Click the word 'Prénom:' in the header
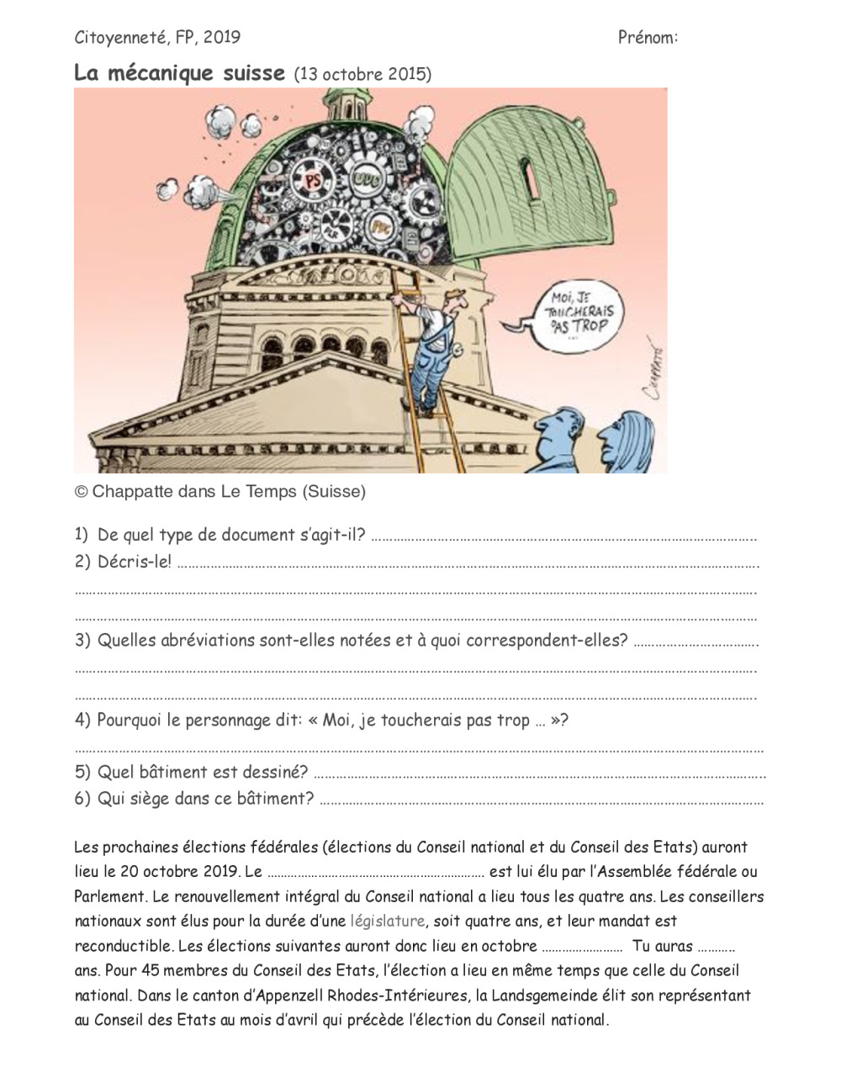pos(648,37)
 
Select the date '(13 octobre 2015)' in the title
pos(362,74)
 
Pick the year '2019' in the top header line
pos(221,37)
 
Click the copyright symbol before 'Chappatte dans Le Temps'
pos(82,492)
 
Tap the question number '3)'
pos(82,641)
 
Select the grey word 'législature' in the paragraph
pos(387,921)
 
